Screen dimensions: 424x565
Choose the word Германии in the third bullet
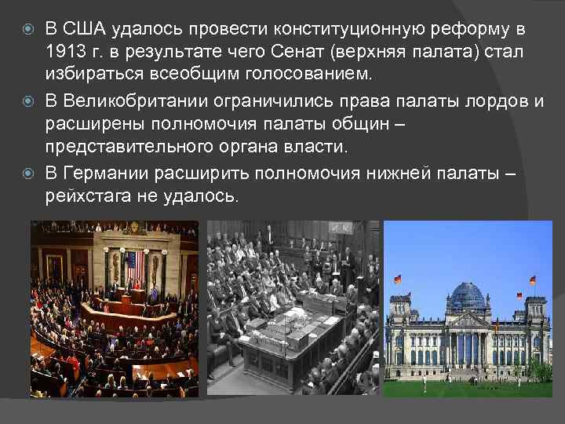click(104, 172)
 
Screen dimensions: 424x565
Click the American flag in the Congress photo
click(132, 261)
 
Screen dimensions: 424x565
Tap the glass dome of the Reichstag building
click(467, 296)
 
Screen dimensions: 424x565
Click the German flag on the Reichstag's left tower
click(398, 279)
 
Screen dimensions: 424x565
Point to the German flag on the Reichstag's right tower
click(532, 280)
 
